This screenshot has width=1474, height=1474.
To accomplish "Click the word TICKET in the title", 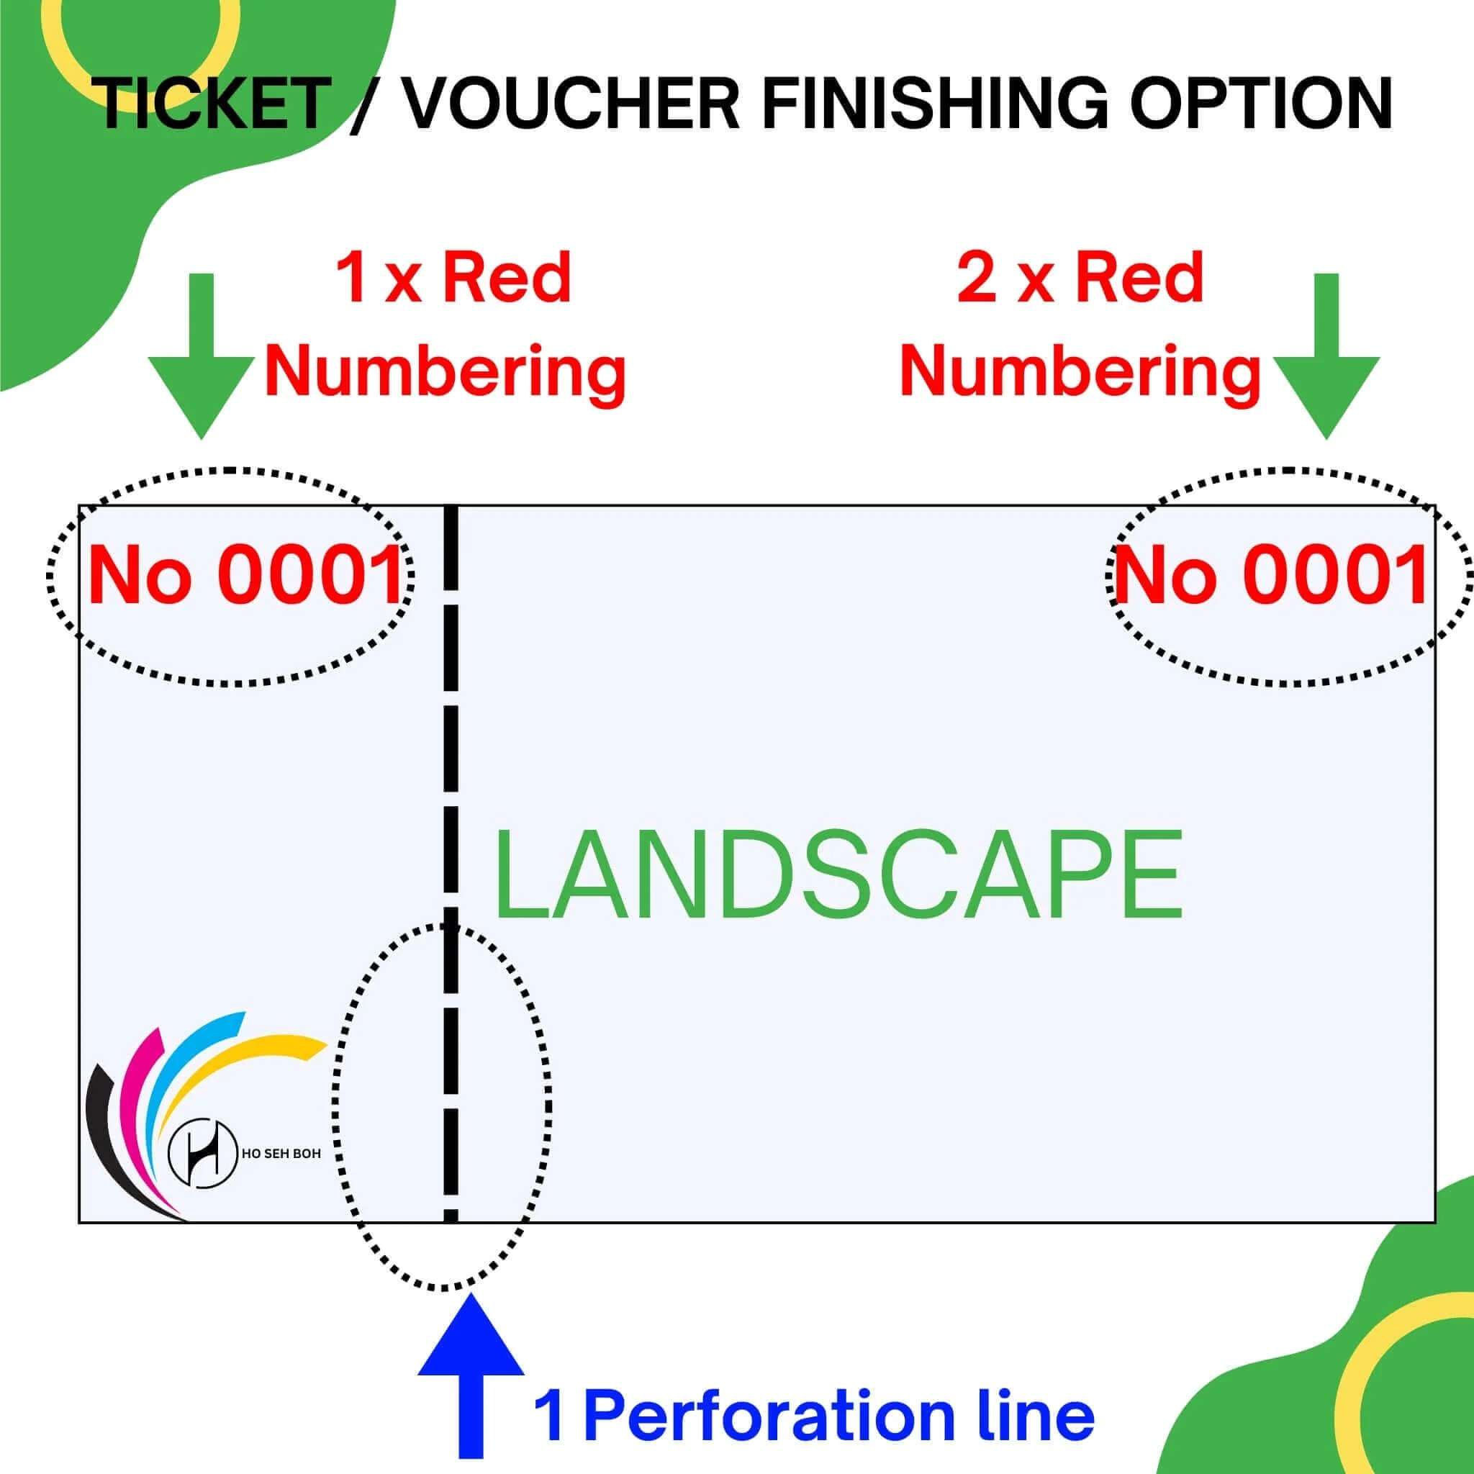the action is coord(214,104).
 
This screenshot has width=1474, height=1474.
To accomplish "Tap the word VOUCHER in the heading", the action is coord(569,104).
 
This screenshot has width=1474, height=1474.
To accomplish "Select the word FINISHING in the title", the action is coord(935,104).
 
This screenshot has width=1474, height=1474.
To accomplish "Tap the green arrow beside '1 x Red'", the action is coord(202,356).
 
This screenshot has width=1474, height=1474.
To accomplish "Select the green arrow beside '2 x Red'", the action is coord(1326,356).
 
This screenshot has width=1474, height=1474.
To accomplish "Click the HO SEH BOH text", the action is coord(281,1154).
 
